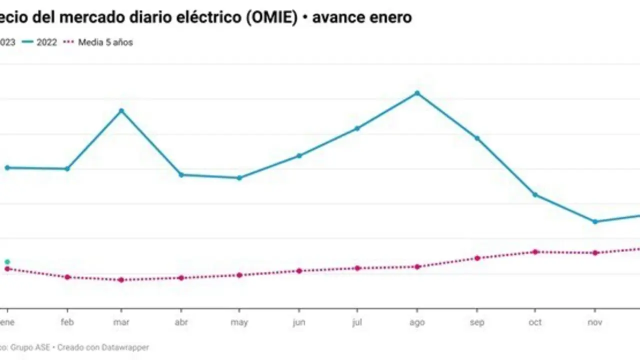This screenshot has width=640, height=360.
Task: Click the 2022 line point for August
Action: click(417, 93)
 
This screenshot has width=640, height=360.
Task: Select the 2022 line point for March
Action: click(121, 110)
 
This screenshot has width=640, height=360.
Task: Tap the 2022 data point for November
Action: click(595, 221)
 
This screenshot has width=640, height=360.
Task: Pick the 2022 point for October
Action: click(535, 194)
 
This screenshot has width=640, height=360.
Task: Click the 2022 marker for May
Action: click(239, 177)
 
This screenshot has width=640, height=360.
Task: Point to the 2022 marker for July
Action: click(357, 128)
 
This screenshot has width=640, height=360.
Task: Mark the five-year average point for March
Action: click(121, 279)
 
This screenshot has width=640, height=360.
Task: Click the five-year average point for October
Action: click(535, 251)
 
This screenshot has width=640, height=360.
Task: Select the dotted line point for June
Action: click(299, 270)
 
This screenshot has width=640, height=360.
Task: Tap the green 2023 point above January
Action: click(7, 261)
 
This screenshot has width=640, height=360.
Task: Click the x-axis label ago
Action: click(417, 322)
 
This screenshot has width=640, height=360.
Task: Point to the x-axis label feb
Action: click(67, 322)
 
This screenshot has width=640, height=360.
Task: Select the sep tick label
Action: click(477, 322)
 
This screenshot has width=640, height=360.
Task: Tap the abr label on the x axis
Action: click(181, 322)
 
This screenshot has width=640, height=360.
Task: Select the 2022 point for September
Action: click(477, 138)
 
